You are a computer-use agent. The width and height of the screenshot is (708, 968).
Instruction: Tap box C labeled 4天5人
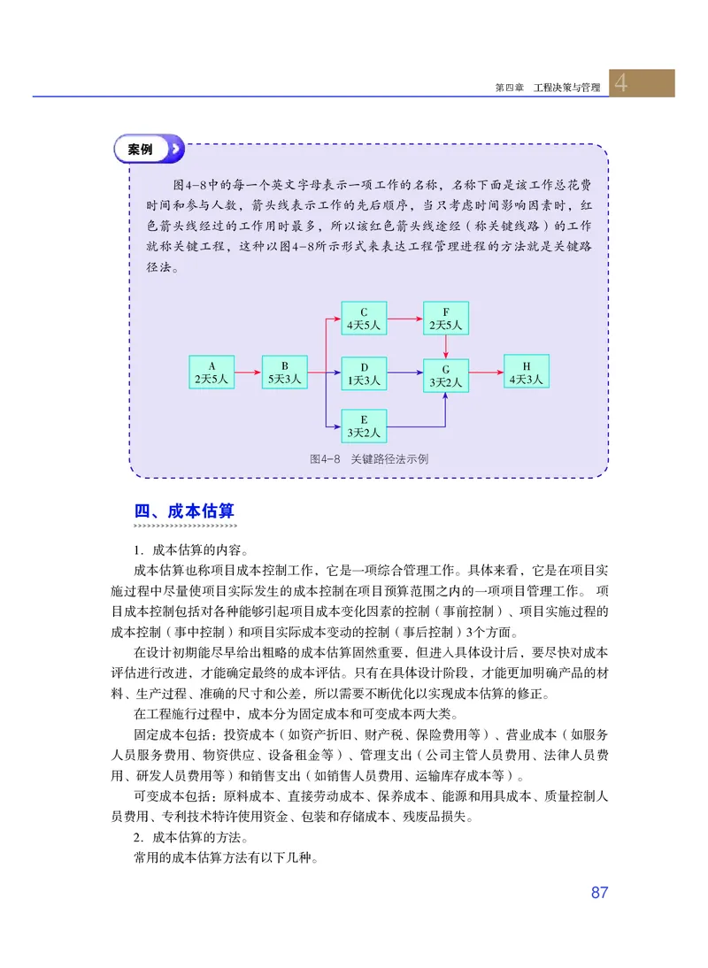tap(363, 318)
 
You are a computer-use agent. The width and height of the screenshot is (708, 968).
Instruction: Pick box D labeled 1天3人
tap(363, 373)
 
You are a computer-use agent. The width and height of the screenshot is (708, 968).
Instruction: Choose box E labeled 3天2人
tap(363, 426)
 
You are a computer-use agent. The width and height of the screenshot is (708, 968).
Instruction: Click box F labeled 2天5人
tap(446, 318)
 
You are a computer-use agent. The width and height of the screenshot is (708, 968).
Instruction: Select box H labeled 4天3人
tap(526, 372)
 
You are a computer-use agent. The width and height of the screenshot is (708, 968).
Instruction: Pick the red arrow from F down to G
tap(446, 346)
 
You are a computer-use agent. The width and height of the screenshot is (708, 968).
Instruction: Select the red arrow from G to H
tap(486, 373)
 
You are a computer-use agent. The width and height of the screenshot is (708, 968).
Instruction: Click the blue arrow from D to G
tap(404, 373)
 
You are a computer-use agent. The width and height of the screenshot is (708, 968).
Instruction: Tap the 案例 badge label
tap(141, 150)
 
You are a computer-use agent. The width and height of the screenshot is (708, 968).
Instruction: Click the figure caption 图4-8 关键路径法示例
tap(369, 459)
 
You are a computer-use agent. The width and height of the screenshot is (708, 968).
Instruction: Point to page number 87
tap(599, 892)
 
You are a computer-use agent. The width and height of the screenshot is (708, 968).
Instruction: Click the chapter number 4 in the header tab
tap(622, 83)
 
